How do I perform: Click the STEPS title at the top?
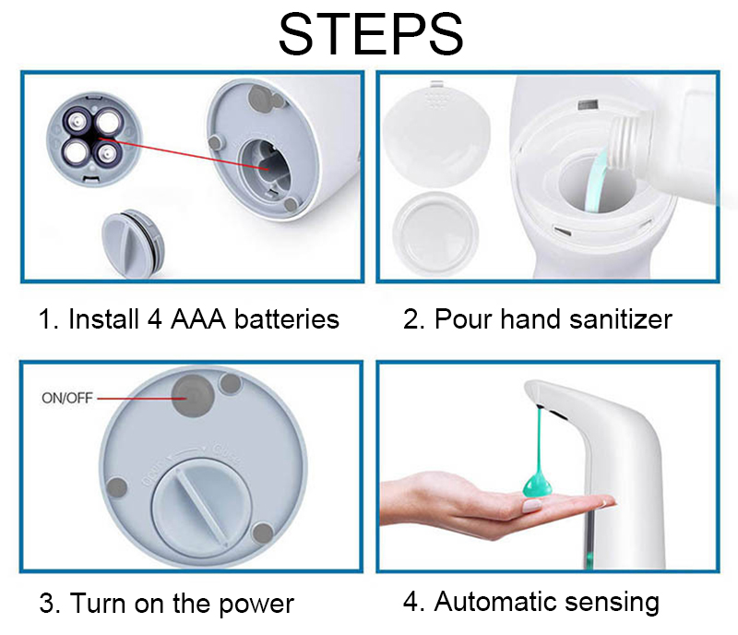371,34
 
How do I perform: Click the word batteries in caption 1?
287,319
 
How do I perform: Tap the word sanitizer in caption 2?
620,319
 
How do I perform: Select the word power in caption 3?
256,605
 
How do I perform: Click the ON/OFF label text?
67,398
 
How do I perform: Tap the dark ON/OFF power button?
193,396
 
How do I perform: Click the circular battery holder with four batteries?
94,139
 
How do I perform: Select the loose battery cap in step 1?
133,244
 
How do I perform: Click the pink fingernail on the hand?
532,507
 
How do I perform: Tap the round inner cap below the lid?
435,234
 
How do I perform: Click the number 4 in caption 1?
155,319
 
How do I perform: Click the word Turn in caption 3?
99,603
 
